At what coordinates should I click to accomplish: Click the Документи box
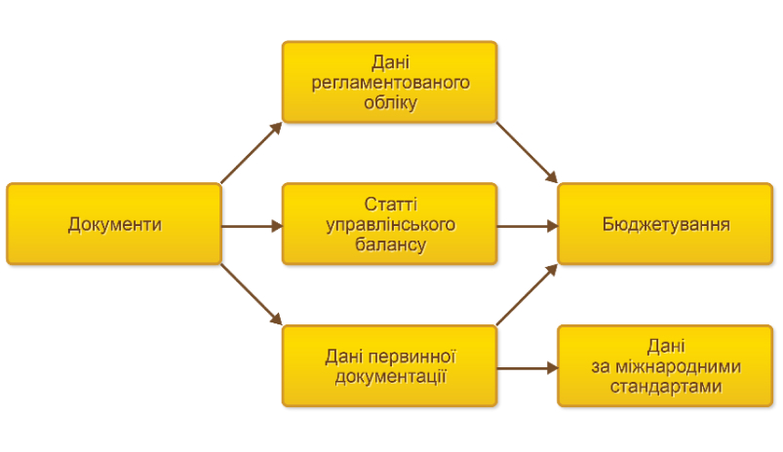[x=114, y=224]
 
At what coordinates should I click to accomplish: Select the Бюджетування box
[x=665, y=224]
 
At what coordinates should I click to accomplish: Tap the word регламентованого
[x=390, y=83]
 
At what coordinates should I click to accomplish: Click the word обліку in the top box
[x=390, y=102]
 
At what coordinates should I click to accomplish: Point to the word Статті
[x=390, y=204]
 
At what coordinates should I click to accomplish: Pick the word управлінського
[x=390, y=224]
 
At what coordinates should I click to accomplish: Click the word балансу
[x=390, y=245]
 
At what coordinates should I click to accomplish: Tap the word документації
[x=390, y=377]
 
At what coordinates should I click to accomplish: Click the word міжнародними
[x=678, y=366]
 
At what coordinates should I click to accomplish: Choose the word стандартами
[x=666, y=387]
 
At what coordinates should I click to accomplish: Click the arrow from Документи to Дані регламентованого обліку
[x=252, y=153]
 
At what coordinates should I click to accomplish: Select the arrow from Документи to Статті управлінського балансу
[x=253, y=226]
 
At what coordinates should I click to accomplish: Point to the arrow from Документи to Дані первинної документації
[x=252, y=295]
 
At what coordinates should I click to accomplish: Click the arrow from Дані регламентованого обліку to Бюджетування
[x=527, y=153]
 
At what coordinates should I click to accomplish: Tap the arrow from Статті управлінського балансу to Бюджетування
[x=528, y=226]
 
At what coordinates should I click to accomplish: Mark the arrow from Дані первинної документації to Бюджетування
[x=527, y=295]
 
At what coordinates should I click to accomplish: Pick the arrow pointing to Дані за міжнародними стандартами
[x=528, y=368]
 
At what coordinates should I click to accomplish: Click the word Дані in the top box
[x=390, y=62]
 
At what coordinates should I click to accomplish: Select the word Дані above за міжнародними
[x=666, y=346]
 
